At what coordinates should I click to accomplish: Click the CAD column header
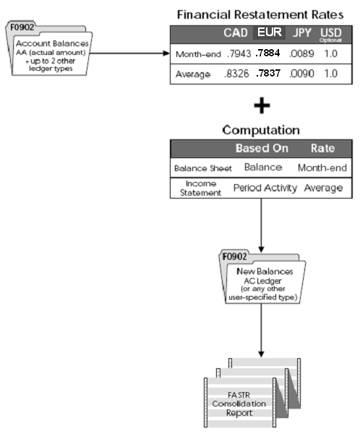pos(236,33)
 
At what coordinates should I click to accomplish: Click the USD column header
pos(330,33)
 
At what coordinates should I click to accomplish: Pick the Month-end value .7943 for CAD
pos(236,54)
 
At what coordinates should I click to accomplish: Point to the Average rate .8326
pos(236,74)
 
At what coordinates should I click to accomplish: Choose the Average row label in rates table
pos(192,74)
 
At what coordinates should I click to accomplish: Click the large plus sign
pos(262,106)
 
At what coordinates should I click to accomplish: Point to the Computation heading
pos(261,131)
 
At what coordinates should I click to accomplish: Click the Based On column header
pos(261,149)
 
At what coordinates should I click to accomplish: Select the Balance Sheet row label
pos(203,168)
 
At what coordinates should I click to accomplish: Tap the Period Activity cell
pos(265,188)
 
